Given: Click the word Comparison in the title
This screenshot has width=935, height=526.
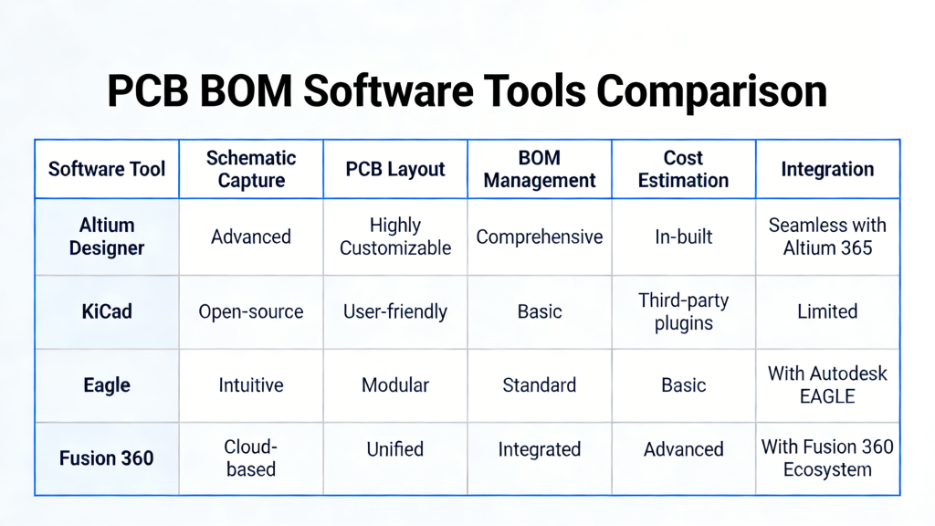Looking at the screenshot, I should click(711, 92).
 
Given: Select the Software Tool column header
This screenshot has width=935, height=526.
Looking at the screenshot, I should click(107, 169).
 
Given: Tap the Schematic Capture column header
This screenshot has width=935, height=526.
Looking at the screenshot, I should click(251, 169).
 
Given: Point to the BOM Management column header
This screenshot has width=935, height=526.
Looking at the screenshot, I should click(540, 169).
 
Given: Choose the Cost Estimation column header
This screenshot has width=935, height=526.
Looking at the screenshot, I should click(683, 169).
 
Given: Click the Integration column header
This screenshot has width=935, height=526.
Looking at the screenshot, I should click(827, 169).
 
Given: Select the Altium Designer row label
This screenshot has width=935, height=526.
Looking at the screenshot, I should click(107, 237).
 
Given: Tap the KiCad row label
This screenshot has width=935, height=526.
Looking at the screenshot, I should click(107, 311).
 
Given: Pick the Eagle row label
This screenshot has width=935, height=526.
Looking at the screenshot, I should click(107, 385).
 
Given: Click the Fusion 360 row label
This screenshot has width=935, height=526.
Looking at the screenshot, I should click(107, 458).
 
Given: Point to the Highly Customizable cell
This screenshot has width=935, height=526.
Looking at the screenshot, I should click(395, 237).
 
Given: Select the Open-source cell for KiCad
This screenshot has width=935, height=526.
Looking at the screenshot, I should click(251, 311).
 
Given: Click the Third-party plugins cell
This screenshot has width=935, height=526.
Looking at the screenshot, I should click(683, 311).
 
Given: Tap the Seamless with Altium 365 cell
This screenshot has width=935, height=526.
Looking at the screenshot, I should click(827, 237).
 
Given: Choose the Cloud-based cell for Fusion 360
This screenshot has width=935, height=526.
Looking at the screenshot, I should click(251, 458).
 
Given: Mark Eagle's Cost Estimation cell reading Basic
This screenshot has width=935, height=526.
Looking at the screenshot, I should click(683, 385).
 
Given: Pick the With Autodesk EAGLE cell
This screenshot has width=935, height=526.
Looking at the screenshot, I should click(827, 385).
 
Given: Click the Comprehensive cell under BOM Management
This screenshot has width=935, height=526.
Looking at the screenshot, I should click(540, 237).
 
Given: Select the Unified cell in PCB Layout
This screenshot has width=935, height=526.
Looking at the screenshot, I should click(395, 449).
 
